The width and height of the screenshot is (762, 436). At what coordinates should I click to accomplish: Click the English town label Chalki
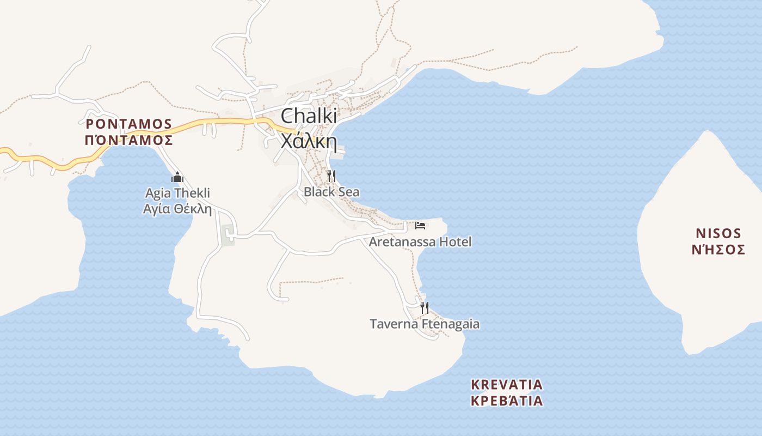coord(309,117)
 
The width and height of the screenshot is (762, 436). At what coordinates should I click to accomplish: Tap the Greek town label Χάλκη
coord(309,141)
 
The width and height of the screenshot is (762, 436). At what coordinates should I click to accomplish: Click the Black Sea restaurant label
coord(331,192)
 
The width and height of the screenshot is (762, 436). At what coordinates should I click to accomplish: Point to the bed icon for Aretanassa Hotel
coord(420,226)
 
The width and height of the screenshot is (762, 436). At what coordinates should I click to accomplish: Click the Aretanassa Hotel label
coord(420,242)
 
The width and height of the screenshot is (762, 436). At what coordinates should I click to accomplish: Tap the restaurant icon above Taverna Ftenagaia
coord(425,308)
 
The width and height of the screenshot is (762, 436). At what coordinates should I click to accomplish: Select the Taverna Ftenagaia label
coord(425,324)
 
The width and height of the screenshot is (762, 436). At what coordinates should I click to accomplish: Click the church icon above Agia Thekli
coord(177,177)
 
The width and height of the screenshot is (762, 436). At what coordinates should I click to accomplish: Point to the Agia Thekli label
coord(177,193)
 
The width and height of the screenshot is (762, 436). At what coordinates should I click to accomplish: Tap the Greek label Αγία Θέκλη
coord(177,209)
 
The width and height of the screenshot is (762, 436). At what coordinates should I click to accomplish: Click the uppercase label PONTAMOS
coord(129,124)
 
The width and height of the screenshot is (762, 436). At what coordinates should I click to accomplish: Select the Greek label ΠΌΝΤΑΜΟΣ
coord(129,140)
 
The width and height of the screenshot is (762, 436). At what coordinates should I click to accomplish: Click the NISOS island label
coord(718,234)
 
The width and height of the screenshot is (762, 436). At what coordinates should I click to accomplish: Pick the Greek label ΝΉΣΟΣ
coord(718,250)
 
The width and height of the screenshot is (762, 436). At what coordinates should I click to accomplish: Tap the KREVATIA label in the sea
coord(507,385)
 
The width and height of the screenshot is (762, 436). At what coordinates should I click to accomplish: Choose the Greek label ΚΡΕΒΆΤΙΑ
coord(507,401)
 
